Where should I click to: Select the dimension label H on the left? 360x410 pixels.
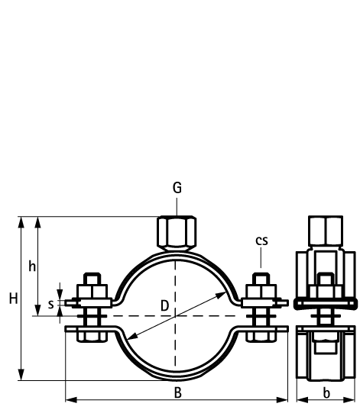tap(13, 299)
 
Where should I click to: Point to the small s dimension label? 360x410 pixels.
tap(50, 305)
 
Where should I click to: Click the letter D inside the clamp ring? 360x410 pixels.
tap(164, 305)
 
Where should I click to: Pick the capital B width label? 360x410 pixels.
tap(177, 392)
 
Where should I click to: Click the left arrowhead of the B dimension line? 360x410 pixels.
tap(69, 399)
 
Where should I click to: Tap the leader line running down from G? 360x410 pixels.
tap(177, 206)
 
